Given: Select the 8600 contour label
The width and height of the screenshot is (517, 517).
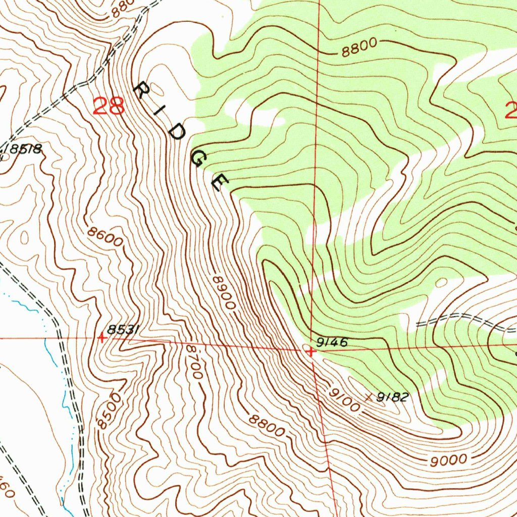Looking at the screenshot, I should point(105,237).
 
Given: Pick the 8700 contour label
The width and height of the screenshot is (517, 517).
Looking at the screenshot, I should point(194,362).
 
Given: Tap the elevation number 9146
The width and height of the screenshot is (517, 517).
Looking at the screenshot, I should point(332,343).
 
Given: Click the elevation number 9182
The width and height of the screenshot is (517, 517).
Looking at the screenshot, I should point(392,397).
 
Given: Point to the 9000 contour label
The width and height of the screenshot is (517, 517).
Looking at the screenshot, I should point(449,460).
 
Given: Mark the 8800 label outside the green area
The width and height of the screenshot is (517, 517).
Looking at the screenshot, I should point(267,427).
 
